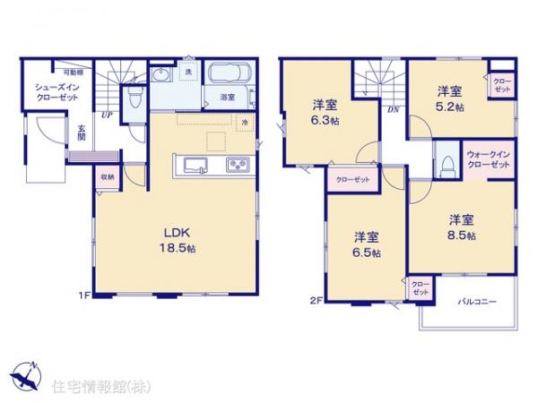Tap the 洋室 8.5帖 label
tap(461, 227)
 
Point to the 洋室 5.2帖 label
tap(449, 99)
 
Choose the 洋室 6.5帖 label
tap(366, 244)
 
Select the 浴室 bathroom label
tap(227, 96)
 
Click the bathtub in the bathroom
tap(230, 74)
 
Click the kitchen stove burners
tap(239, 165)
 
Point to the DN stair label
tap(393, 110)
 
